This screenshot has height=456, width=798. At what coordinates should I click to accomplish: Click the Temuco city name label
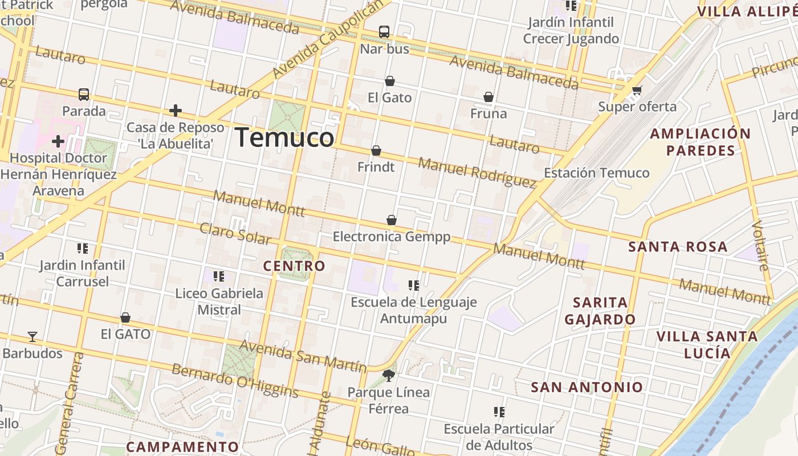pos(284,138)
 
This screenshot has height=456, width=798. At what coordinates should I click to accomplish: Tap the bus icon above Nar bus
pos(384,32)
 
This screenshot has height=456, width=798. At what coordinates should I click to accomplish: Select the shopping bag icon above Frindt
pos(376,150)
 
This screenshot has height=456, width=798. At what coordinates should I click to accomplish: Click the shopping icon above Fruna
pos(488,97)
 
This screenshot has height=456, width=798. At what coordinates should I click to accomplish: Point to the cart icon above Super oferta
pos(637,90)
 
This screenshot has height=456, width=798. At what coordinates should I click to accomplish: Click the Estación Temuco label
pos(596,173)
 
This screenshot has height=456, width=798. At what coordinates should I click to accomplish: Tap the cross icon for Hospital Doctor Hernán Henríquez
pos(58,141)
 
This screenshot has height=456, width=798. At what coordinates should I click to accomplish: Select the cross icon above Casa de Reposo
pos(176,111)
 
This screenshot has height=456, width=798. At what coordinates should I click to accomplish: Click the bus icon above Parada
pos(84,94)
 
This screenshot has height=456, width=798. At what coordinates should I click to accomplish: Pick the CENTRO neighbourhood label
pos(294,266)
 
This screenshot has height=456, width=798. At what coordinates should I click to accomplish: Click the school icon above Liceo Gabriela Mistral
pos(219,276)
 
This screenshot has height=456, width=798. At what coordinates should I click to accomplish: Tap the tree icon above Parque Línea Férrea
pos(389,375)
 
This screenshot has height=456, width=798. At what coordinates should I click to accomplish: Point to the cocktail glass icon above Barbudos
pos(32,337)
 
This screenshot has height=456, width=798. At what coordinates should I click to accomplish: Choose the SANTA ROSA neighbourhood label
pos(678,247)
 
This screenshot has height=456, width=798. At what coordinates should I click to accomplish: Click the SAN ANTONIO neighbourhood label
pos(587,388)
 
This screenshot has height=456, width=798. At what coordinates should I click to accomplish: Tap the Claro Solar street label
pos(235,234)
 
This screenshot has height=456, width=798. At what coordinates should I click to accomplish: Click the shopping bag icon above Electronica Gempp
pos(392,220)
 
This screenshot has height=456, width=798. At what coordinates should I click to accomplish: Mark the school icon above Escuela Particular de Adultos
pos(499,412)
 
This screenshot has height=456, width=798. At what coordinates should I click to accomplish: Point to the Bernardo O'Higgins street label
pos(235,380)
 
